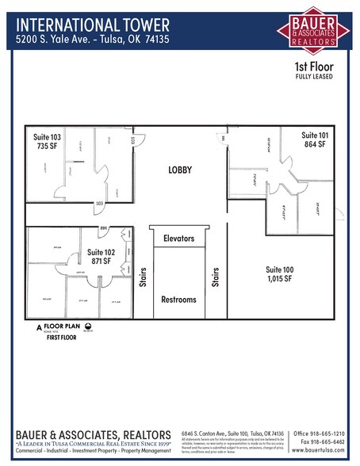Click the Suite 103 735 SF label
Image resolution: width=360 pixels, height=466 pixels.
point(48,141)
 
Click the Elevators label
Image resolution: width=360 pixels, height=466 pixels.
point(179,238)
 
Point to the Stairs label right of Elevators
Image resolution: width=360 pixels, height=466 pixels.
point(215,277)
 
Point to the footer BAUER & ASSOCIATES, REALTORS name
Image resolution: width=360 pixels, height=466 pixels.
point(93,435)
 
